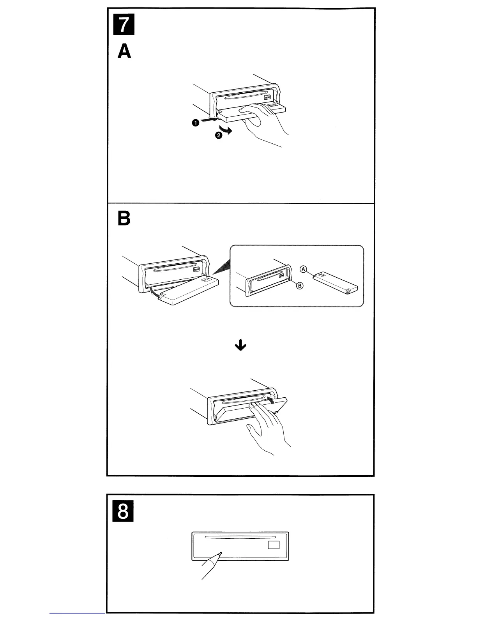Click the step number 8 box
tap(122, 512)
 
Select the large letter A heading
tap(124, 51)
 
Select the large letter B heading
tap(124, 219)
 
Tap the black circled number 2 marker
tap(219, 135)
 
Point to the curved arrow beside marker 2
tap(226, 129)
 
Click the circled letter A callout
tap(304, 269)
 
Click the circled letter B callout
tap(300, 286)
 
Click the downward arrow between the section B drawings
tap(242, 345)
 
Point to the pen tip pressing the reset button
tap(221, 553)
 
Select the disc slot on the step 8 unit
tap(238, 537)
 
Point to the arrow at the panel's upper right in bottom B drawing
tap(273, 400)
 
